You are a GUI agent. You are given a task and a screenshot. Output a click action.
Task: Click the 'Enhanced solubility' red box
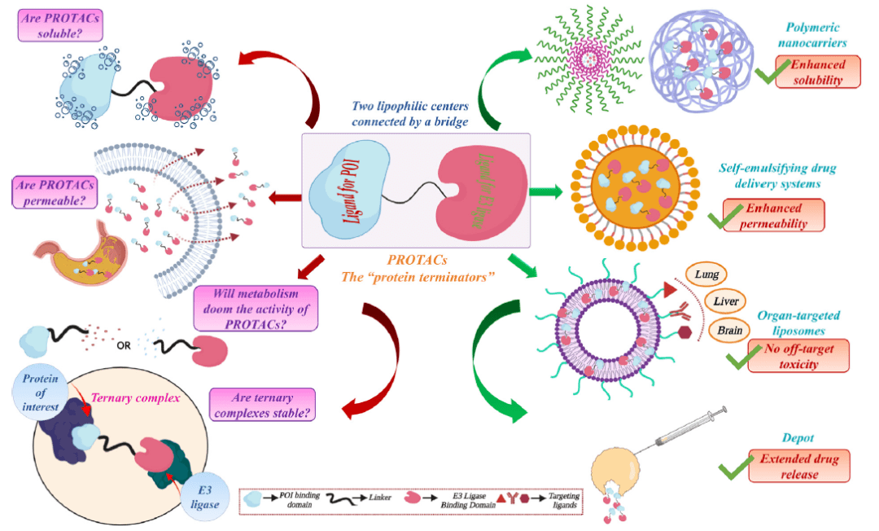pos(819,71)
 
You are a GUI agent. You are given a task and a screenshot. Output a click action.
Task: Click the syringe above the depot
pos(684,430)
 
